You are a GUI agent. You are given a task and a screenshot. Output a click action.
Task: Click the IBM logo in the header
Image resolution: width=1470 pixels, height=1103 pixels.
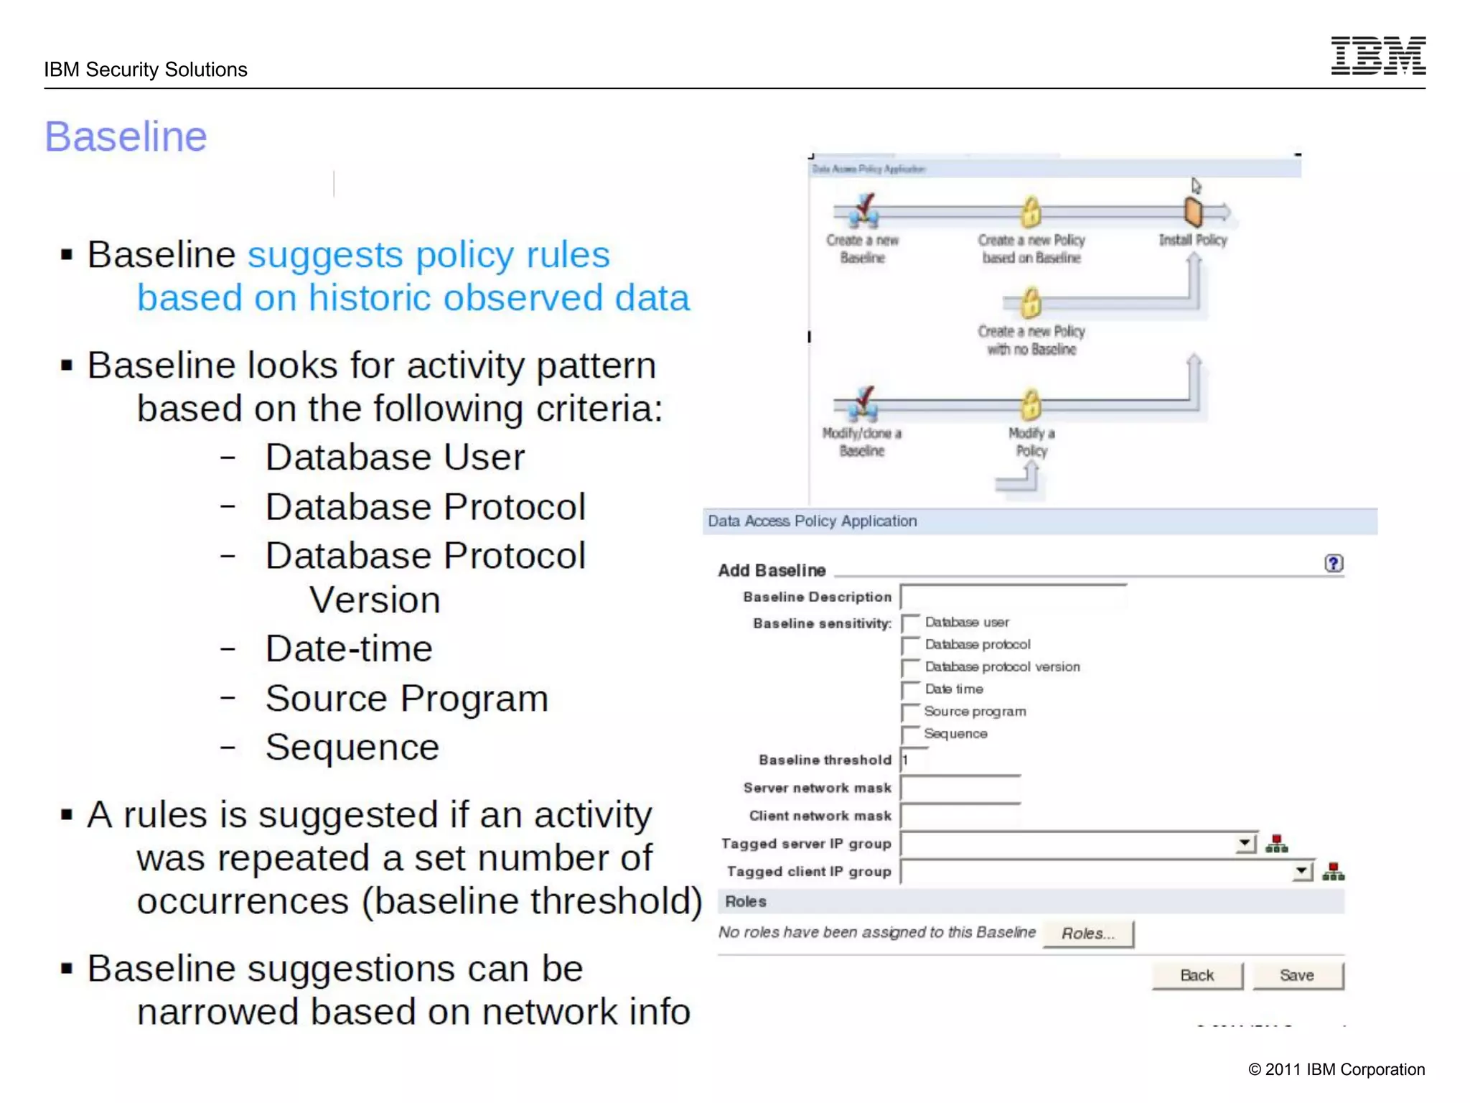[1377, 56]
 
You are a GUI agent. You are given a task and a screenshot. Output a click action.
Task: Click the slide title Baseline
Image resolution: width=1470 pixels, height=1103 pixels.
[126, 136]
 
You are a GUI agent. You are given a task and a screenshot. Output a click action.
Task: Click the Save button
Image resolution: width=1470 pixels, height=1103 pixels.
[1297, 975]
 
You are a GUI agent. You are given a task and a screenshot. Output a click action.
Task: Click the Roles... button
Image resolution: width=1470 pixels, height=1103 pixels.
[1087, 934]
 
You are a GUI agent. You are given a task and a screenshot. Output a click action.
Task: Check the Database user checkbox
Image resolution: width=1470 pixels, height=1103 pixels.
[911, 623]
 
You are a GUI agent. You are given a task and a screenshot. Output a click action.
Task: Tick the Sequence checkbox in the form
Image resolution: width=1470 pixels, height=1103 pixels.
[911, 735]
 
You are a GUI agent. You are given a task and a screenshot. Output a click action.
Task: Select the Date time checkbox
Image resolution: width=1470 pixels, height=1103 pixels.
[911, 690]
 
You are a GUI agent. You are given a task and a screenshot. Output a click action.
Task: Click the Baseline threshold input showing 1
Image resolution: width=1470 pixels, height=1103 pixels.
[914, 760]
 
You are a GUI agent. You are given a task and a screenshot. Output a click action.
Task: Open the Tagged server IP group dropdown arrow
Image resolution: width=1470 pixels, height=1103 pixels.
[1245, 843]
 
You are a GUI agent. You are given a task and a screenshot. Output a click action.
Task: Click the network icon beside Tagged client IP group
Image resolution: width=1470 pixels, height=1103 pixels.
[1333, 872]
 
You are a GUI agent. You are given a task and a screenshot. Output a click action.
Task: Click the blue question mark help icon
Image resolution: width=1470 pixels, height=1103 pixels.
[1333, 564]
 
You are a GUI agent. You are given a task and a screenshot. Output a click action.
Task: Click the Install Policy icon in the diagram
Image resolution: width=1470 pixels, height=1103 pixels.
[1193, 213]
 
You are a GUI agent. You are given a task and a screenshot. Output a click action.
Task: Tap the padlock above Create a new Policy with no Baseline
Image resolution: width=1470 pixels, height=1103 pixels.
[1031, 302]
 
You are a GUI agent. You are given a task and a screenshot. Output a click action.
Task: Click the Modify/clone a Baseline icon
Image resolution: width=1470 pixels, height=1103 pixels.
[863, 404]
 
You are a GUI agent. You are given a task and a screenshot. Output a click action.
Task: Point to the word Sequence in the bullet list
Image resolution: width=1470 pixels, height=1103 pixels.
[352, 748]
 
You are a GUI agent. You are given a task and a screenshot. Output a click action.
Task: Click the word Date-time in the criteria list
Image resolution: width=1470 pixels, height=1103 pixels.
[349, 649]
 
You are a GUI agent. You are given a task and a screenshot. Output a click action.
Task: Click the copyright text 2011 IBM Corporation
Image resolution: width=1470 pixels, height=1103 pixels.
[1336, 1069]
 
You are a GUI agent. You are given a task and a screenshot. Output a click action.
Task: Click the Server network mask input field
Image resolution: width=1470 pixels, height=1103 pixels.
[960, 788]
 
